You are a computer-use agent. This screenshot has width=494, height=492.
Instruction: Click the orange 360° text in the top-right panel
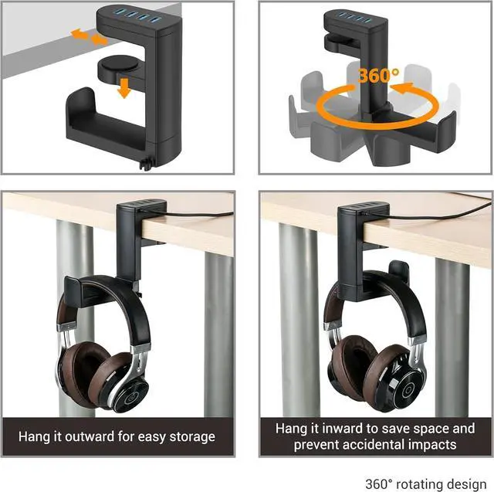[x=379, y=76]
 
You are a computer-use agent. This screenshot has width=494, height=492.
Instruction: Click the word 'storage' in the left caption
[x=191, y=436]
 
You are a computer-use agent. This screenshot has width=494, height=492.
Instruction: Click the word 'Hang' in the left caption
[x=34, y=436]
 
